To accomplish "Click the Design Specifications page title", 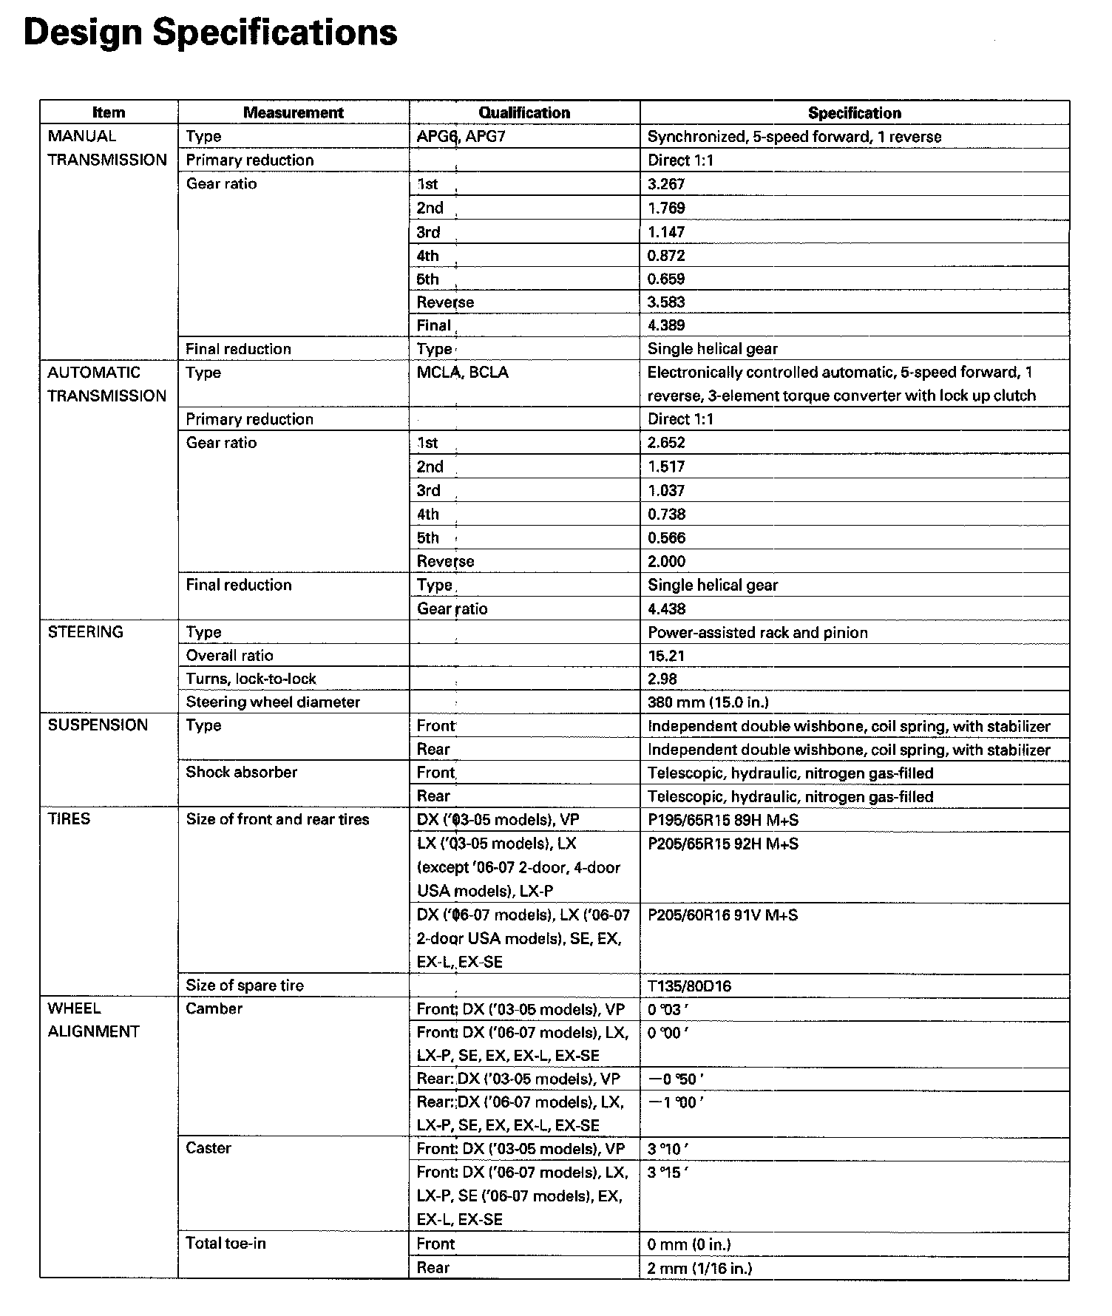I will click(x=211, y=33).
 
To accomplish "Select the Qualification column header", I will click(x=524, y=113).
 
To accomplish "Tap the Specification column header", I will click(x=854, y=113).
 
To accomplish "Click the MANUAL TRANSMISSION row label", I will click(x=107, y=148).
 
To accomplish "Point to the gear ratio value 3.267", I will click(x=666, y=184).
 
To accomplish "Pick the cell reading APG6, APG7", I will click(x=461, y=137).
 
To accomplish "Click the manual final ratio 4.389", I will click(x=666, y=325).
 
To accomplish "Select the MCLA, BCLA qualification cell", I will click(x=462, y=373).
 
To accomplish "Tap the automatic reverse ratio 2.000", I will click(x=666, y=561).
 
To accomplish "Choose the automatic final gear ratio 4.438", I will click(x=666, y=609).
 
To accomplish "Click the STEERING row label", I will click(x=85, y=632).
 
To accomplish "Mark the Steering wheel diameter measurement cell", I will click(x=273, y=702).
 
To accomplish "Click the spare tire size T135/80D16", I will click(x=689, y=986).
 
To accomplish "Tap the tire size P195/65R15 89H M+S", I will click(x=722, y=820).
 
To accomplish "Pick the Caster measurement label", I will click(x=208, y=1148).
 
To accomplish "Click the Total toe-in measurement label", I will click(x=226, y=1244).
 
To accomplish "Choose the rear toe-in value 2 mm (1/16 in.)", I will click(x=699, y=1269).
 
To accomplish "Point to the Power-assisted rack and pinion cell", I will click(x=757, y=633).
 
